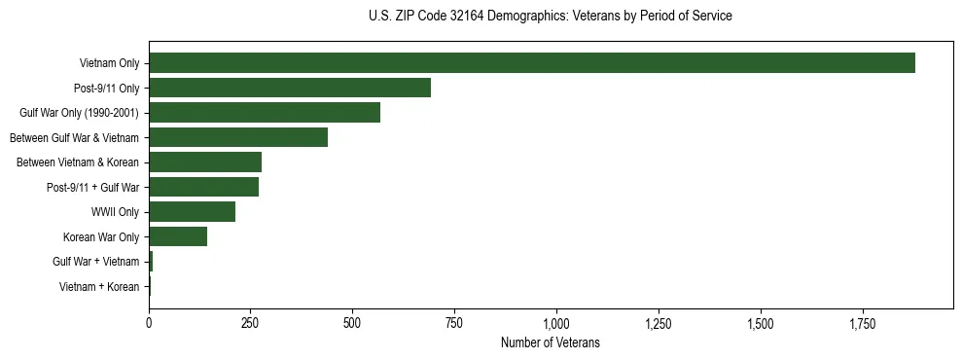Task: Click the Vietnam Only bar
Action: click(x=531, y=63)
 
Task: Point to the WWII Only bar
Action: click(x=192, y=211)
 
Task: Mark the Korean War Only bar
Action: click(x=178, y=236)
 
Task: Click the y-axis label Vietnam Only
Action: click(x=109, y=64)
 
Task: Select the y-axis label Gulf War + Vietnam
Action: click(x=96, y=262)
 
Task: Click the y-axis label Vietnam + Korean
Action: click(x=99, y=286)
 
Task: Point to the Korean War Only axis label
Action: click(x=101, y=236)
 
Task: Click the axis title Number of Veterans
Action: click(x=550, y=343)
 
